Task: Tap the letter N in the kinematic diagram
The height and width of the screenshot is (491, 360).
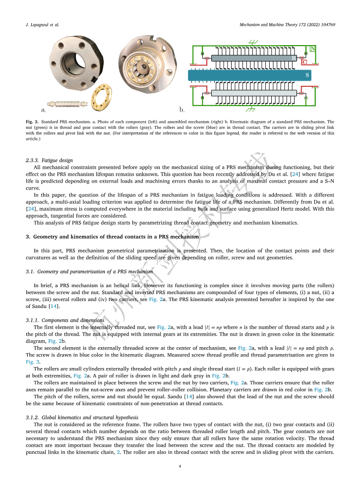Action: (x=312, y=49)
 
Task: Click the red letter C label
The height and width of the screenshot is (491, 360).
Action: (x=304, y=61)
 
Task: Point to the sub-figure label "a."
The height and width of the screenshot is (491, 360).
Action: (x=44, y=108)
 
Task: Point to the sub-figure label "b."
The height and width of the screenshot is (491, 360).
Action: (x=182, y=108)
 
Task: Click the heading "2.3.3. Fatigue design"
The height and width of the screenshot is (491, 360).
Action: (x=49, y=160)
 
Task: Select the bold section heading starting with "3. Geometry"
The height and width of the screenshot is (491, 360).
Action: (x=112, y=237)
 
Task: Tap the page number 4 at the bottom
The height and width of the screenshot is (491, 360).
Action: (x=180, y=466)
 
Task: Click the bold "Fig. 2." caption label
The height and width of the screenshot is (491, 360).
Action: (x=32, y=121)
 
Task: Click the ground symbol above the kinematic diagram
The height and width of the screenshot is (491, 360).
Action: (x=253, y=43)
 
